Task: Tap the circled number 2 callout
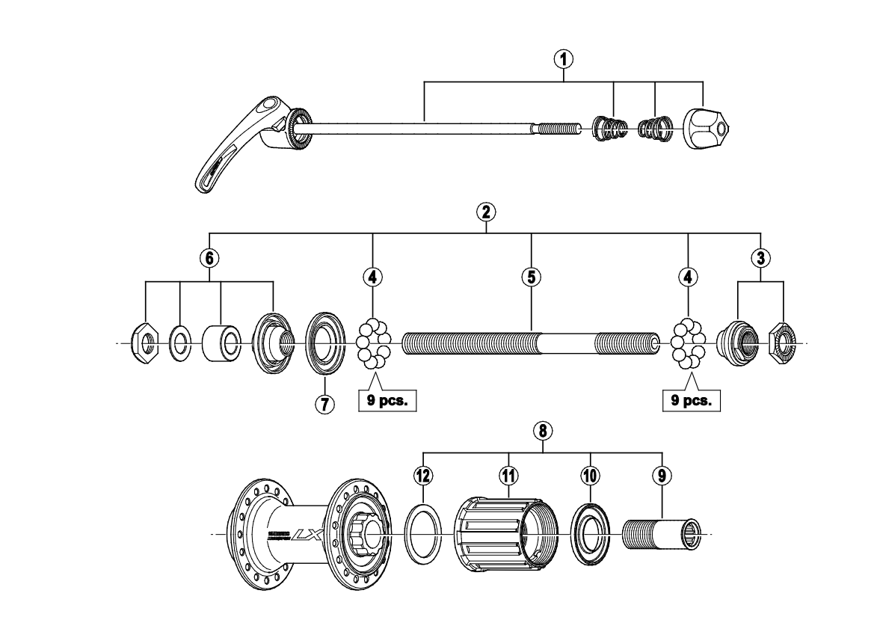[487, 211]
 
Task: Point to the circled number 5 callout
[530, 277]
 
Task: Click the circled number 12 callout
[424, 475]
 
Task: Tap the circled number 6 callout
[209, 258]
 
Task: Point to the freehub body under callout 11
[507, 534]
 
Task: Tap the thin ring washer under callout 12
[424, 534]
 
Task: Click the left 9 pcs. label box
[387, 400]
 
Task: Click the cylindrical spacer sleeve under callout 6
[221, 344]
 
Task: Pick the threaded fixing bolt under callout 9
[661, 534]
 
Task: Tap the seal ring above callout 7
[325, 344]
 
